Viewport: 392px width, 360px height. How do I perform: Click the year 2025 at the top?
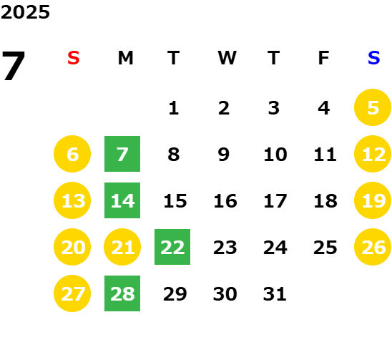pyautogui.click(x=25, y=12)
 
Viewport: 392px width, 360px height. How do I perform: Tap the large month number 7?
pyautogui.click(x=14, y=66)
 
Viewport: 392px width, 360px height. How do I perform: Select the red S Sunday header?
pyautogui.click(x=74, y=58)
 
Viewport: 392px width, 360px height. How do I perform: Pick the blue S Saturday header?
pyautogui.click(x=374, y=58)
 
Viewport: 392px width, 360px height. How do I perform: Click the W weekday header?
pyautogui.click(x=227, y=58)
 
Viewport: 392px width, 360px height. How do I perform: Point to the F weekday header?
pyautogui.click(x=324, y=58)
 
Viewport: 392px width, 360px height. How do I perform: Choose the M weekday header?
pyautogui.click(x=125, y=58)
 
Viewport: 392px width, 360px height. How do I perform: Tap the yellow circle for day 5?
pyautogui.click(x=373, y=107)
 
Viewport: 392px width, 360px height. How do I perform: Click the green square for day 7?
pyautogui.click(x=122, y=154)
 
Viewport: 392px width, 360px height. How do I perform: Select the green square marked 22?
pyautogui.click(x=172, y=247)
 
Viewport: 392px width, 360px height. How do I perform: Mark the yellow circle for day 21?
pyautogui.click(x=122, y=247)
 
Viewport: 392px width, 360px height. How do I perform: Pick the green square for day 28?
pyautogui.click(x=122, y=293)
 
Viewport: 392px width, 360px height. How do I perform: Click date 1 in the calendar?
pyautogui.click(x=174, y=108)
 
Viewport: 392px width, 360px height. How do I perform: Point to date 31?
pyautogui.click(x=275, y=294)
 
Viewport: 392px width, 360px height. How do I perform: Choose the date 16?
pyautogui.click(x=225, y=201)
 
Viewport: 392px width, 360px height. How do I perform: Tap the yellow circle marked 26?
pyautogui.click(x=373, y=247)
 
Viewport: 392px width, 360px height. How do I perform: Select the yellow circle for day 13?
pyautogui.click(x=72, y=200)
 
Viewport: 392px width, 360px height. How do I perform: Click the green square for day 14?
pyautogui.click(x=122, y=200)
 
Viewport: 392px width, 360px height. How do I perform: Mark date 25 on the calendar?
pyautogui.click(x=325, y=248)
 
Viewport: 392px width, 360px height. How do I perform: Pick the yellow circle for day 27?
pyautogui.click(x=72, y=293)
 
